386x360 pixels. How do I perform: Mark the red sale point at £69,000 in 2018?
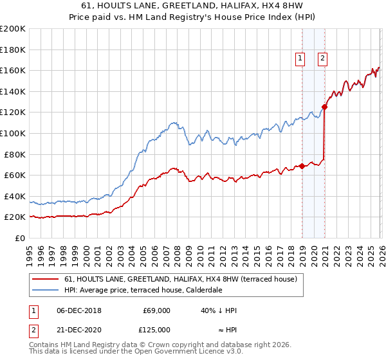pyautogui.click(x=302, y=166)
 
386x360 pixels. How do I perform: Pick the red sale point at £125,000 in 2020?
pyautogui.click(x=325, y=107)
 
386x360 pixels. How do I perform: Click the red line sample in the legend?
pyautogui.click(x=46, y=280)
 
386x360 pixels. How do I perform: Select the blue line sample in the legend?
pyautogui.click(x=46, y=291)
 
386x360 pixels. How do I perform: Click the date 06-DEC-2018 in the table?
pyautogui.click(x=76, y=310)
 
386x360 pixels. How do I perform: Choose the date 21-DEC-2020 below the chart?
pyautogui.click(x=76, y=330)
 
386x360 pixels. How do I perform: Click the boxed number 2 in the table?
pyautogui.click(x=33, y=330)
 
